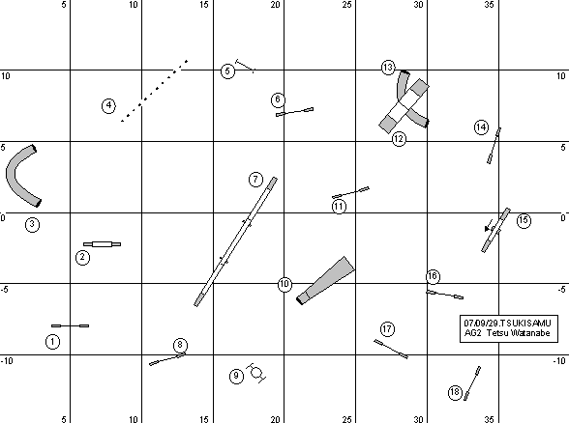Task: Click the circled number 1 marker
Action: click(52, 342)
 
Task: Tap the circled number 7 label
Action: click(255, 180)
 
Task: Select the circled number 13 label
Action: click(388, 68)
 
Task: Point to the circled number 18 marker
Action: click(455, 392)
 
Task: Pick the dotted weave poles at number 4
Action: click(154, 91)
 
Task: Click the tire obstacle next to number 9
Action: click(256, 373)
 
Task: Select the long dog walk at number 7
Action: click(235, 241)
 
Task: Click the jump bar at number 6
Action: click(294, 112)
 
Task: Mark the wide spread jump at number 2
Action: click(102, 244)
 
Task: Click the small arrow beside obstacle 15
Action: click(489, 225)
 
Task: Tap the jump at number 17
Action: click(391, 349)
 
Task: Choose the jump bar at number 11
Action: click(350, 192)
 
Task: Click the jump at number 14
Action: click(494, 146)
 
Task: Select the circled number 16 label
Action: click(433, 276)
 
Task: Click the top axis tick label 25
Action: click(346, 5)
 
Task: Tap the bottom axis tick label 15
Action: click(204, 419)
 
